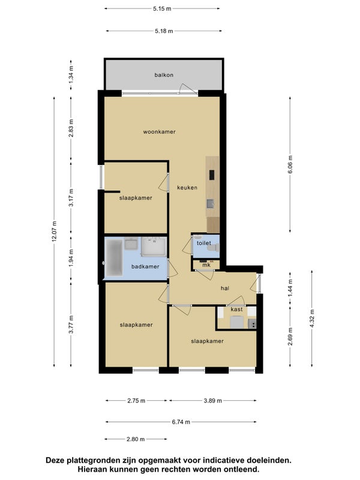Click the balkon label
pyautogui.click(x=164, y=75)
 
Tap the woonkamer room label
pyautogui.click(x=159, y=132)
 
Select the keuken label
pyautogui.click(x=187, y=188)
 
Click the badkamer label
pyautogui.click(x=145, y=266)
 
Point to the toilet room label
pyautogui.click(x=204, y=243)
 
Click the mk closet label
pyautogui.click(x=206, y=265)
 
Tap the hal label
pyautogui.click(x=225, y=288)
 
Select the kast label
pyautogui.click(x=236, y=310)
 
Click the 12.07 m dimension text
pyautogui.click(x=54, y=231)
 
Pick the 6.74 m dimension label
pyautogui.click(x=181, y=422)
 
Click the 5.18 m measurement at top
pyautogui.click(x=164, y=31)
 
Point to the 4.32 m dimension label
pyautogui.click(x=312, y=319)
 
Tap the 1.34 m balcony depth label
pyautogui.click(x=71, y=75)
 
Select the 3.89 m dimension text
pyautogui.click(x=213, y=400)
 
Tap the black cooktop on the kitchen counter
pyautogui.click(x=212, y=175)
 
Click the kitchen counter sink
pyautogui.click(x=211, y=203)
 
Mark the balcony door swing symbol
pyautogui.click(x=187, y=88)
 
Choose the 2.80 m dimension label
pyautogui.click(x=136, y=439)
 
